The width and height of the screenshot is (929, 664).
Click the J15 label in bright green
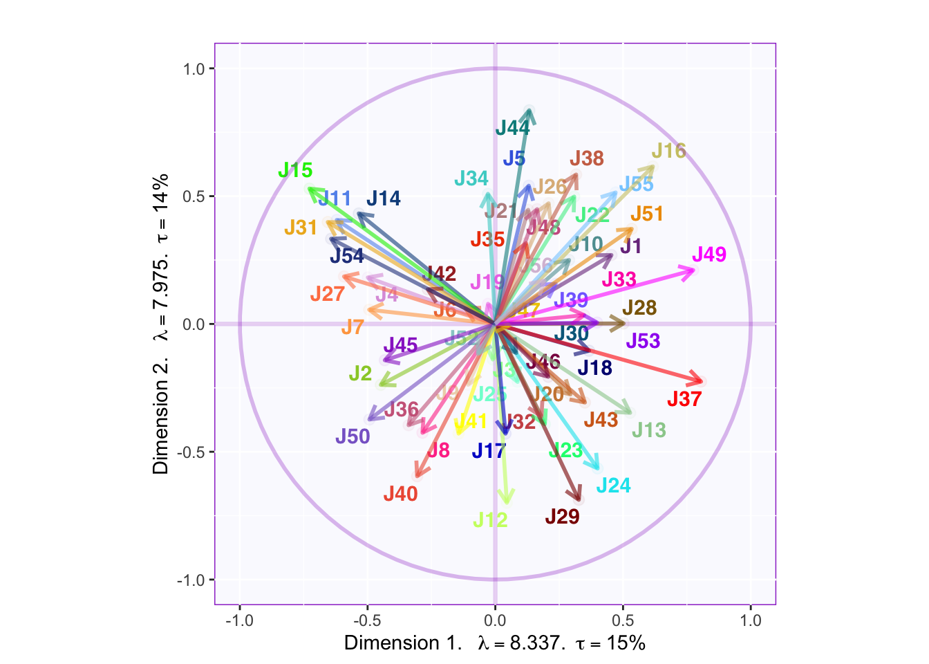click(295, 170)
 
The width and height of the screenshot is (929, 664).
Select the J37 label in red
click(684, 399)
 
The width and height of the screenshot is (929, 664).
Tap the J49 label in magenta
click(709, 255)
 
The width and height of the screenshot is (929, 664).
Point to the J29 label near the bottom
click(562, 517)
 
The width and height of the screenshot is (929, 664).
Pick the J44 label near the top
click(513, 128)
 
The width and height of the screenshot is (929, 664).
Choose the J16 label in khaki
click(668, 151)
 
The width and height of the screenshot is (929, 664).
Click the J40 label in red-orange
click(401, 494)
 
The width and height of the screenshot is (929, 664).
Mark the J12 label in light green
click(491, 520)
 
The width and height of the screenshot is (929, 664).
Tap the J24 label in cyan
click(613, 486)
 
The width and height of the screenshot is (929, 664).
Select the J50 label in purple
click(353, 436)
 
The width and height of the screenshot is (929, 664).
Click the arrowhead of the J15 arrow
click(309, 188)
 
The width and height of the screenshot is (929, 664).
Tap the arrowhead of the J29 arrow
click(579, 499)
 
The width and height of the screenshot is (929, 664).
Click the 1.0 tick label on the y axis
click(194, 68)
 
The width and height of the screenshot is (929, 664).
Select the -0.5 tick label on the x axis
click(367, 620)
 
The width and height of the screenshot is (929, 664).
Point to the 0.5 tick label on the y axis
click(194, 196)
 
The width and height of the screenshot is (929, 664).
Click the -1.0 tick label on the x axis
click(239, 620)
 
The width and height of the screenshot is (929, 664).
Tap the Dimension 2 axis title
click(160, 324)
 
